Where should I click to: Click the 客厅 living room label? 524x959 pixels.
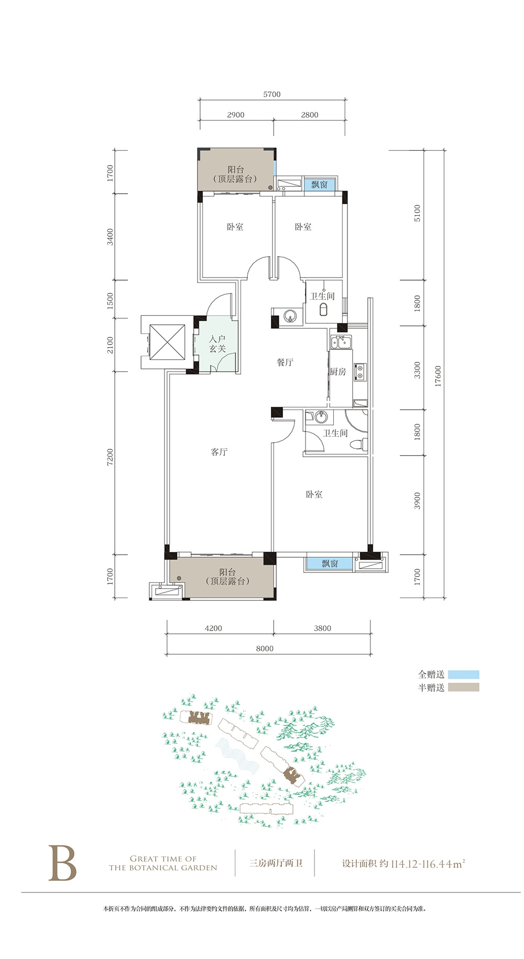pyautogui.click(x=219, y=451)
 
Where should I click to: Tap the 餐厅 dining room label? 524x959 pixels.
pyautogui.click(x=285, y=362)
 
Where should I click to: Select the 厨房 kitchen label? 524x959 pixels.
pyautogui.click(x=338, y=371)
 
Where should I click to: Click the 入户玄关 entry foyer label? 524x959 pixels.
pyautogui.click(x=217, y=344)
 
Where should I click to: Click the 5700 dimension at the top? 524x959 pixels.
pyautogui.click(x=272, y=94)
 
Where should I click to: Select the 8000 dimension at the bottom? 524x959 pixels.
pyautogui.click(x=265, y=648)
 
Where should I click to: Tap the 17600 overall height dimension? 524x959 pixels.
pyautogui.click(x=438, y=376)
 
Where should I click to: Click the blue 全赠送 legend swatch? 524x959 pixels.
pyautogui.click(x=463, y=675)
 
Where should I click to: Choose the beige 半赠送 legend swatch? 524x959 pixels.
pyautogui.click(x=463, y=688)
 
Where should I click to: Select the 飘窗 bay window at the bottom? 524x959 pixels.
pyautogui.click(x=330, y=564)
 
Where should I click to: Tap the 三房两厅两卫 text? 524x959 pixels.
pyautogui.click(x=276, y=863)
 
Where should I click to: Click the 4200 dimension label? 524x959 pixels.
pyautogui.click(x=213, y=628)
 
